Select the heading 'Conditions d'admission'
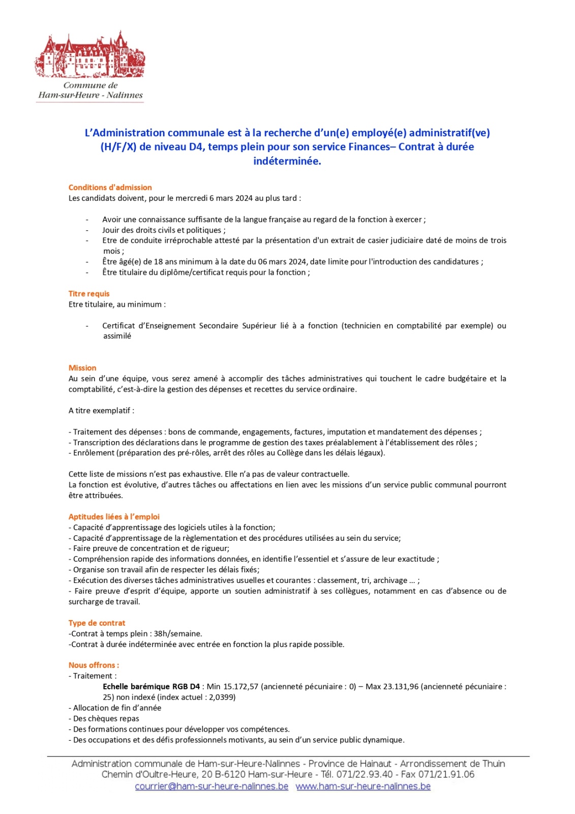click(110, 187)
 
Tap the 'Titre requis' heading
click(89, 294)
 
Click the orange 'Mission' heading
click(82, 368)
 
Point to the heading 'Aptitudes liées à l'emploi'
click(114, 516)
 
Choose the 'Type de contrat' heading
click(97, 623)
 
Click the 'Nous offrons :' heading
click(94, 665)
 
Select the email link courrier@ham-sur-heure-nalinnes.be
click(211, 786)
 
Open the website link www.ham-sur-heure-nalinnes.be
click(363, 786)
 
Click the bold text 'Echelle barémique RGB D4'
click(151, 686)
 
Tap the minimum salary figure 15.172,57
click(240, 686)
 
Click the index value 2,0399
click(222, 697)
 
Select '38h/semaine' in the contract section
click(178, 633)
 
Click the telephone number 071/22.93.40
click(365, 774)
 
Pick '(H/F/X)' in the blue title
click(118, 147)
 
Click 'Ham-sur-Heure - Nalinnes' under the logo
click(90, 95)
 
